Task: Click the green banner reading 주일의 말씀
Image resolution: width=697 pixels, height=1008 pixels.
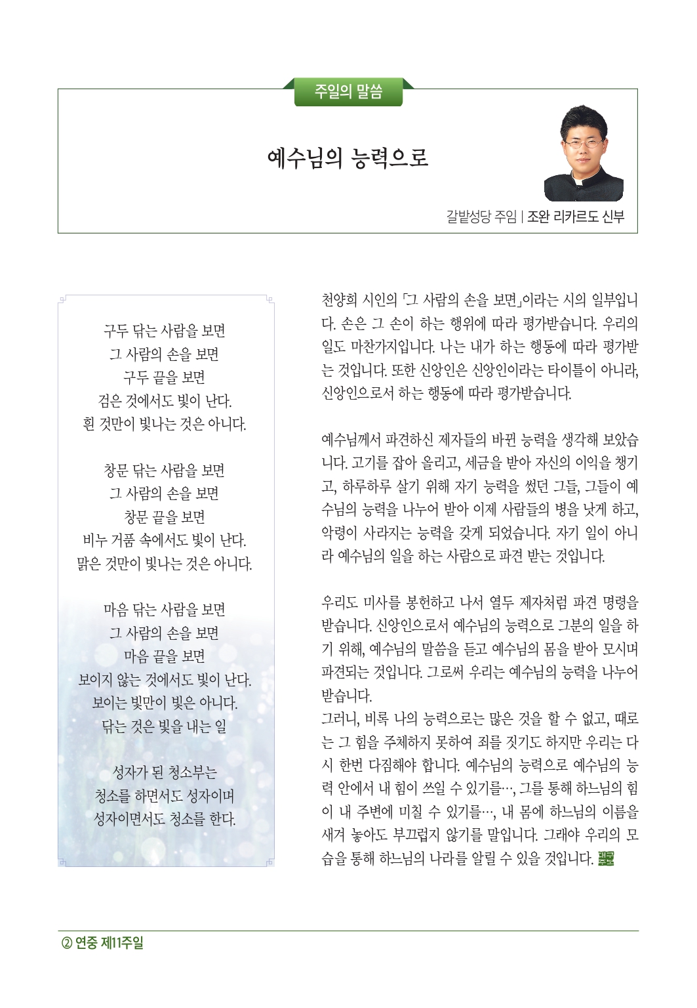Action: coord(348,92)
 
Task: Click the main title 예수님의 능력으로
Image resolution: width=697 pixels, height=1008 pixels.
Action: coord(348,158)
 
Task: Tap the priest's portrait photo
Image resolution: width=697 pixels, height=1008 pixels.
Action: coord(583,154)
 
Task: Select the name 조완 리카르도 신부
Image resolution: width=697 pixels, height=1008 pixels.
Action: coord(576,217)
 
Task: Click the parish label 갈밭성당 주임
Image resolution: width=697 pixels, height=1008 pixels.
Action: coord(481,217)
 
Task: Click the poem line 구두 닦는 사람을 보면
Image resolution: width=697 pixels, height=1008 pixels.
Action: coord(165,331)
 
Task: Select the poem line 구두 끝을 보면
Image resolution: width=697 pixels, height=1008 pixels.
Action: coord(165,377)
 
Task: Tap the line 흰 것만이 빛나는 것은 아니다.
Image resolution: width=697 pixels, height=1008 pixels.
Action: coord(165,424)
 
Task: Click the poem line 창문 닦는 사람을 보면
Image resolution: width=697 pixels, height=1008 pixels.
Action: coord(165,471)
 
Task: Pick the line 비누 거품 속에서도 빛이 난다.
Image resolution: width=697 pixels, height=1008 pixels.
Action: coord(165,541)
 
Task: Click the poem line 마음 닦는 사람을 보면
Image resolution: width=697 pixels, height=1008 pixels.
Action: coord(165,610)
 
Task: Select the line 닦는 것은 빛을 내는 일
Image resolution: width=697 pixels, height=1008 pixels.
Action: coord(165,726)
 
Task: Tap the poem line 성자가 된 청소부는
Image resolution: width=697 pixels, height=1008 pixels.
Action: coord(165,772)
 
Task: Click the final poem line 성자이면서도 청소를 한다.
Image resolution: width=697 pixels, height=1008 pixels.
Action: coord(165,819)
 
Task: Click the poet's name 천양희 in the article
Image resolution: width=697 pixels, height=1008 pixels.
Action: coord(339,301)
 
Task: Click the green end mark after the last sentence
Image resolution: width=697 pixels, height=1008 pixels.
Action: coord(606,858)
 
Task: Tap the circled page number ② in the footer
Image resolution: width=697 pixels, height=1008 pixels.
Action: coord(66,944)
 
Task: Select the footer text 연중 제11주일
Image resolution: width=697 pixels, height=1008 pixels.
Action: coord(110,944)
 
